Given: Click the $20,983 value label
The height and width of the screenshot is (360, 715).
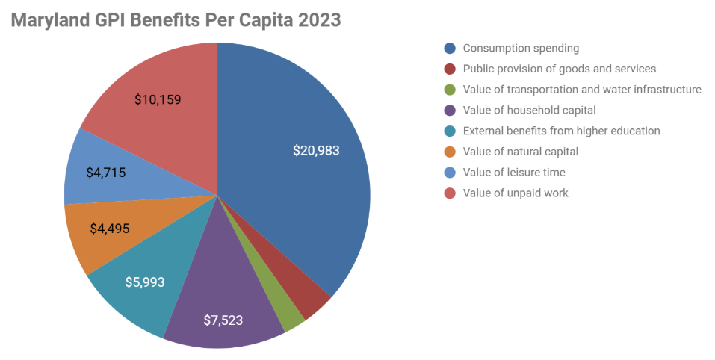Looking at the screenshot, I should [316, 150].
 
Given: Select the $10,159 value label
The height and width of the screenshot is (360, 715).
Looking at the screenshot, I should [158, 99].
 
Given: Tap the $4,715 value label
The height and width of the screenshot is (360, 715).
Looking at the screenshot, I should [105, 173].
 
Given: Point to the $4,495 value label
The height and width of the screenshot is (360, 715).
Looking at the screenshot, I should [110, 229].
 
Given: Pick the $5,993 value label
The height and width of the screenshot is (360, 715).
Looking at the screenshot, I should [145, 282].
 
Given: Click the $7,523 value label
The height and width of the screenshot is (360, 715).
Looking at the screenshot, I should [223, 320].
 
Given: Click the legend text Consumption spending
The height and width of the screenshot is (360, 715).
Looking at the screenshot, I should [521, 48].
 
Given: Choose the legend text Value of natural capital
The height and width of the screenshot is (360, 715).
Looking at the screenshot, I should [521, 152].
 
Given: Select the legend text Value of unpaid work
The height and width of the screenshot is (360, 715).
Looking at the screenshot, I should [516, 193].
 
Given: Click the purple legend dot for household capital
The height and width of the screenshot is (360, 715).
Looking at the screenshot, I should [450, 111].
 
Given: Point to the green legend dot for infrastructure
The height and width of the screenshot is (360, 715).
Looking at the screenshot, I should [450, 90].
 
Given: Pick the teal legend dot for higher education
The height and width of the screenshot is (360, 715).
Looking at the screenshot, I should [450, 131].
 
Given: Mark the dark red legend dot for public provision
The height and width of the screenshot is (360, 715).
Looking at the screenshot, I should [450, 69].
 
